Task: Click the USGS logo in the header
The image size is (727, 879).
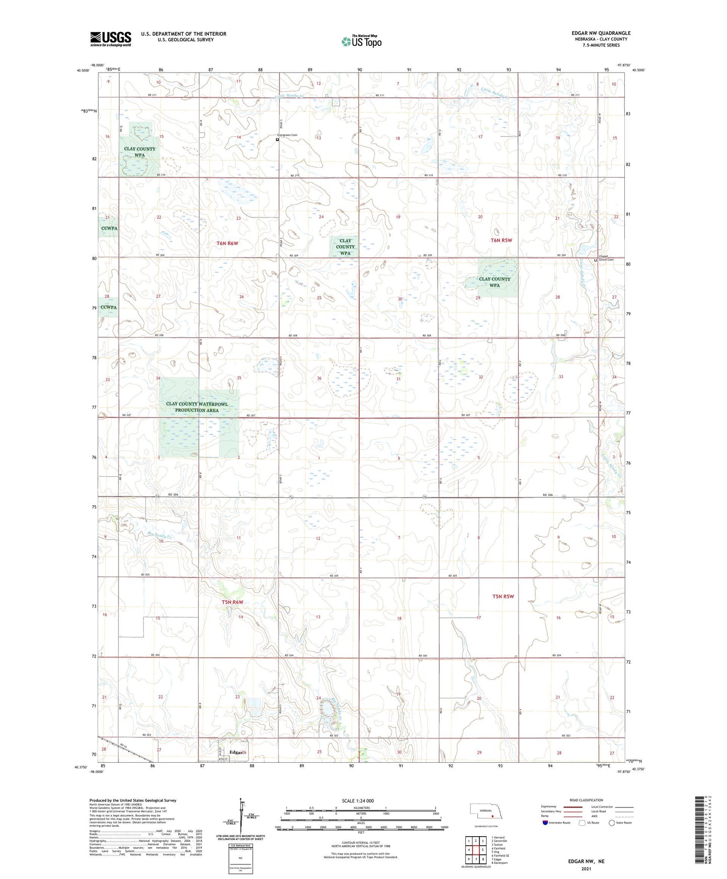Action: pos(111,39)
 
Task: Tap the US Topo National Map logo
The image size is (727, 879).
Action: pos(361,41)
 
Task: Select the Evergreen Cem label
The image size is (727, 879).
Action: pos(287,135)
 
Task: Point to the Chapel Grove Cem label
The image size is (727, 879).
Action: pos(606,258)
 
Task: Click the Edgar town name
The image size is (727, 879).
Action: pos(235,752)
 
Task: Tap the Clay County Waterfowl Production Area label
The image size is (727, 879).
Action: pos(197,407)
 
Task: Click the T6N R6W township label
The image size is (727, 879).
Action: pos(227,244)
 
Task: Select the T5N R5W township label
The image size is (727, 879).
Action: pos(503,597)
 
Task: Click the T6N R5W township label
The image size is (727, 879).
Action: pos(501,241)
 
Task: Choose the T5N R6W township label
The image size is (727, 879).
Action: pos(232,603)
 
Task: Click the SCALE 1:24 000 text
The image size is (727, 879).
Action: pos(358,801)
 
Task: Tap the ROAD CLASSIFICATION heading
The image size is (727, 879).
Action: pos(586,800)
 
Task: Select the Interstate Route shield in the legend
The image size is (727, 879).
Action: pos(545,823)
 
